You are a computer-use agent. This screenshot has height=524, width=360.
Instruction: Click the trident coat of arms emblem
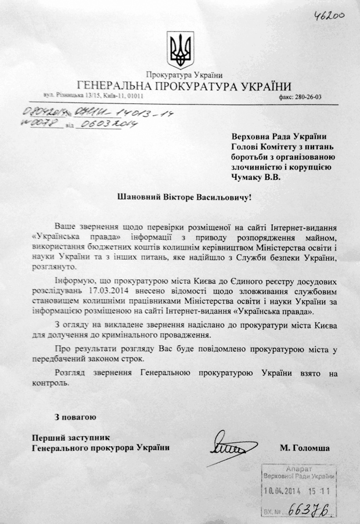coord(181,50)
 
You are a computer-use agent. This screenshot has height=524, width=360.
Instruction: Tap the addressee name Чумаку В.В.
coord(257,179)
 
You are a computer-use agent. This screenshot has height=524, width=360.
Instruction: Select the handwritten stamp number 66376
coord(314,508)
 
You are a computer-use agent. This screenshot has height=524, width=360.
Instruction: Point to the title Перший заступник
coord(71,436)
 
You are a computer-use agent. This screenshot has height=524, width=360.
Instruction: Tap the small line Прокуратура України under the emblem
coord(181,75)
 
